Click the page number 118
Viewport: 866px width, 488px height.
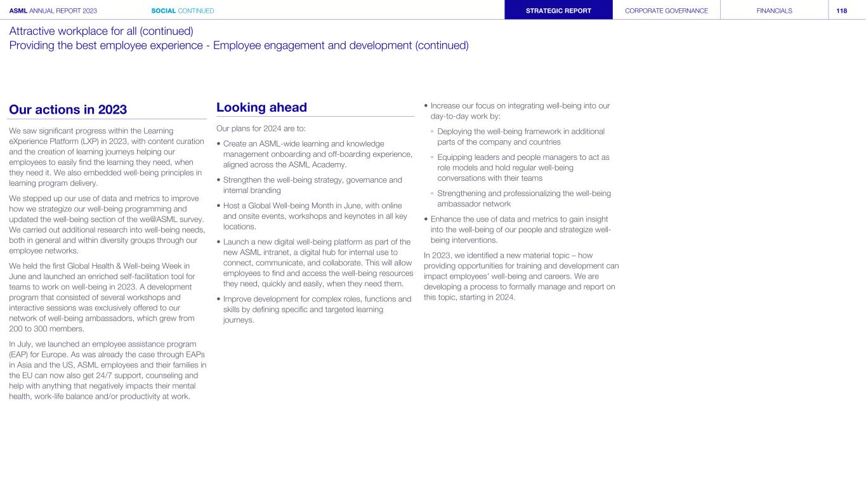[x=841, y=11]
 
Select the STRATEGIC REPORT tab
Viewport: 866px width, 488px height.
[x=558, y=11]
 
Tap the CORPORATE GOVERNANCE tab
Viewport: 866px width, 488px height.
[x=666, y=11]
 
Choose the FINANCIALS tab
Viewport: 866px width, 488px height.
[x=774, y=11]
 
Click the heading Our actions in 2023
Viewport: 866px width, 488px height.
[x=68, y=109]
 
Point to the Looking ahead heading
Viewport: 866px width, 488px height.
[x=261, y=108]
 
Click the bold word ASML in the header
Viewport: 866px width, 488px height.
[x=18, y=11]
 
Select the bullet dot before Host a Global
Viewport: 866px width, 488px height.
[x=218, y=206]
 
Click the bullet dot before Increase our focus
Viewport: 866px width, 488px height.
[x=426, y=106]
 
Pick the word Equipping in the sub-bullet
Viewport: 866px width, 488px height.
[x=456, y=157]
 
